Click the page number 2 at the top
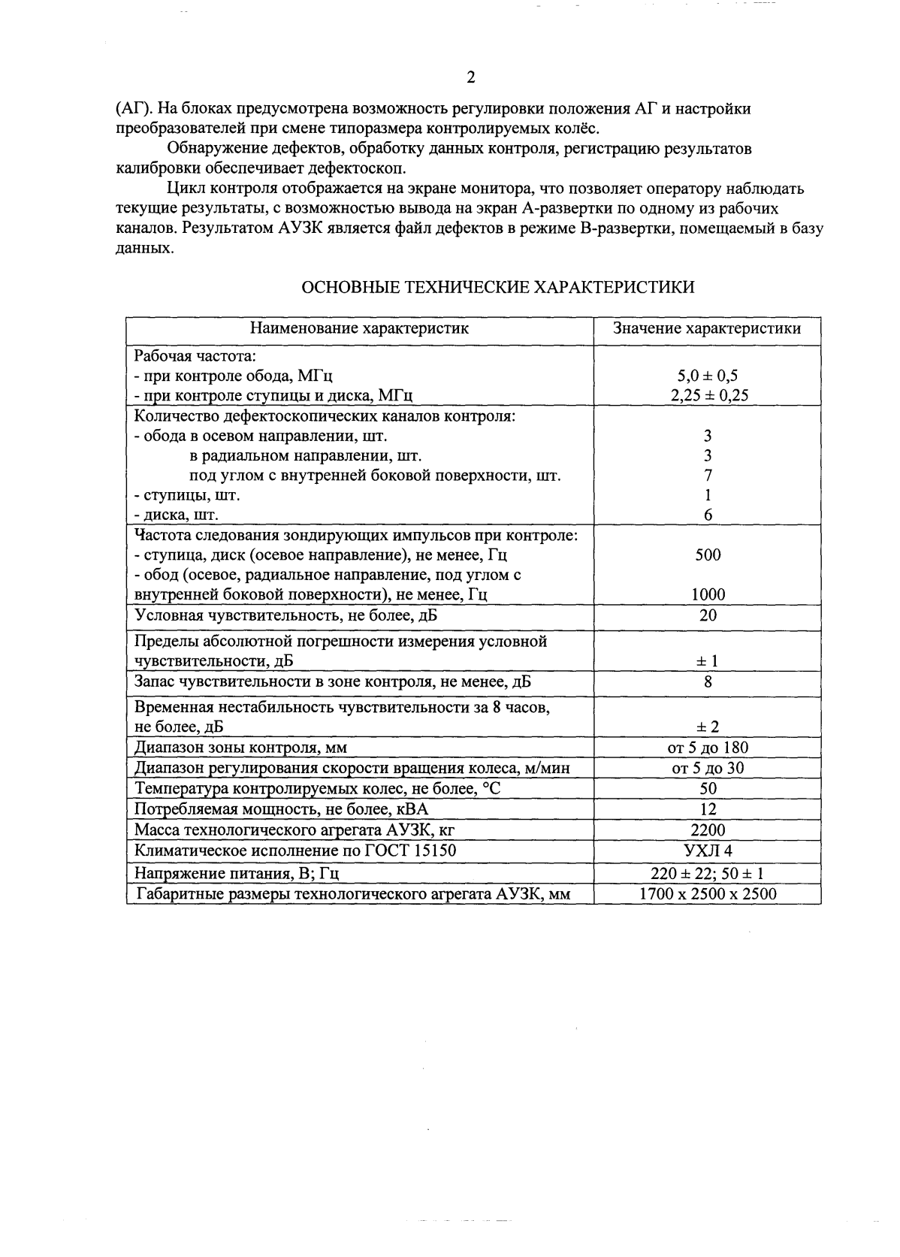pos(471,77)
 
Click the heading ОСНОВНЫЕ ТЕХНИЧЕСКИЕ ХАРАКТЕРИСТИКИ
pos(497,288)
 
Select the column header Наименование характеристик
pos(359,328)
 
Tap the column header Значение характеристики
pos(707,328)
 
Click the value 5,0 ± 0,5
pos(708,376)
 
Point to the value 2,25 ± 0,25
pos(708,395)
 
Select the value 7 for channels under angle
pos(708,476)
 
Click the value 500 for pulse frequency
pos(708,555)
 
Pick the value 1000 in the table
pos(708,595)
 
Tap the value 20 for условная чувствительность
pos(708,615)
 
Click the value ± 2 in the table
pos(708,727)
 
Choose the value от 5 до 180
pos(708,748)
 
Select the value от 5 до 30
pos(708,768)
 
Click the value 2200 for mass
pos(708,829)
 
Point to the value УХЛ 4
pos(708,851)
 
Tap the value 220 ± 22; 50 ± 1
pos(708,874)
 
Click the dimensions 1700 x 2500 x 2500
pos(708,894)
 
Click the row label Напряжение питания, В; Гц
pos(237,874)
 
